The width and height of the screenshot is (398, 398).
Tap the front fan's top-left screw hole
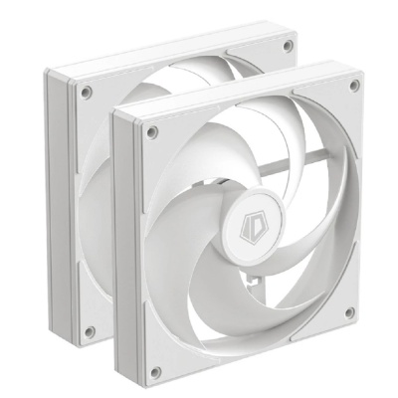click(151, 129)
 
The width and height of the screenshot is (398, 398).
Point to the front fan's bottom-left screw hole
click(154, 371)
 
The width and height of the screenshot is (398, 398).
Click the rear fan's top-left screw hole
click(87, 92)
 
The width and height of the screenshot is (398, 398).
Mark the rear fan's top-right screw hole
click(288, 46)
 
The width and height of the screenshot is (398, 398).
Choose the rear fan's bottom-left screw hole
click(89, 331)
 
